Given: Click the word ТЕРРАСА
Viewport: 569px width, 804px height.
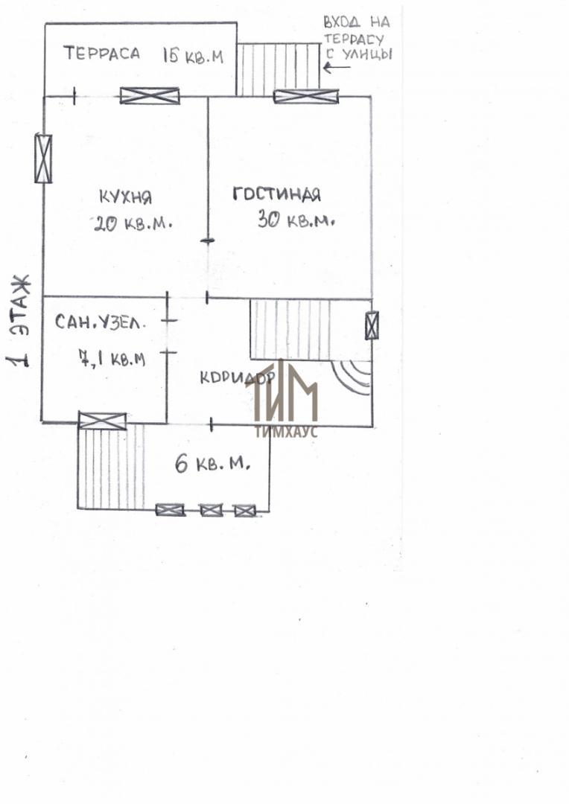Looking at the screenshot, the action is [x=101, y=53].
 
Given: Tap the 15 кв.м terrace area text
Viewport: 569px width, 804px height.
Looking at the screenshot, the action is [x=194, y=55].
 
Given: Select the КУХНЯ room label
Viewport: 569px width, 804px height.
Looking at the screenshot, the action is [x=125, y=197].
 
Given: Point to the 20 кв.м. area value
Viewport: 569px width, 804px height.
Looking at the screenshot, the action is [x=133, y=223].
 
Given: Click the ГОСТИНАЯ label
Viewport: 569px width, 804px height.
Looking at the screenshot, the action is [x=277, y=194].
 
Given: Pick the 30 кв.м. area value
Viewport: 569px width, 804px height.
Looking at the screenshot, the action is [x=296, y=220].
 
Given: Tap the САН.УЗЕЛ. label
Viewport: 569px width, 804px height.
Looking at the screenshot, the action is [x=100, y=322].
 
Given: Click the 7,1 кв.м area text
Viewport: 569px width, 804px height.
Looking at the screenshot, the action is [x=112, y=357].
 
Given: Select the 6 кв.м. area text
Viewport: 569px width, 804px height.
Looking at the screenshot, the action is [x=212, y=464].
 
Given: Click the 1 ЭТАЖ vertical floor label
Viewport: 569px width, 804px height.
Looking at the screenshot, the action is [x=19, y=322].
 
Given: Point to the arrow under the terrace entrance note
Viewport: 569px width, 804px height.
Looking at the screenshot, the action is [x=336, y=67].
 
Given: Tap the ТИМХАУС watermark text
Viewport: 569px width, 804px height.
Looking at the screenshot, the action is [x=286, y=432].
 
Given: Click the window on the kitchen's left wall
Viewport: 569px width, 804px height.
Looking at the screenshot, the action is [x=43, y=159].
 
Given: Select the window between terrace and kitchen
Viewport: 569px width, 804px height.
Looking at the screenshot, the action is [x=150, y=96].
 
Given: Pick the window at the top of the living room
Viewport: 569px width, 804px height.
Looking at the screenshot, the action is [x=306, y=96].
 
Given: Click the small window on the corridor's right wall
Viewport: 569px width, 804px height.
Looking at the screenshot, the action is [x=372, y=325].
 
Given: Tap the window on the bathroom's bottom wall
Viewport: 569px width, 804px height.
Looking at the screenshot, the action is [x=103, y=421].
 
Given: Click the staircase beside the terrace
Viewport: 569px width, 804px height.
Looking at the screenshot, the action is [x=279, y=69].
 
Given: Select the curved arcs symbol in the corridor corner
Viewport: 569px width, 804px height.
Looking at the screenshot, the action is [x=352, y=377].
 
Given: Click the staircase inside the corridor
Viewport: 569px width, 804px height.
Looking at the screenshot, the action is [x=290, y=330].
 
